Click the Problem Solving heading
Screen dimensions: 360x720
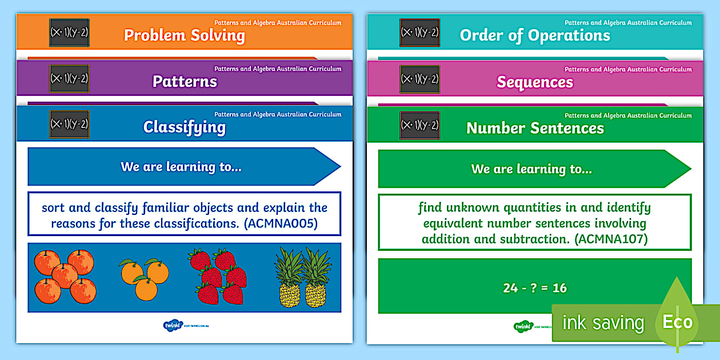click(184, 35)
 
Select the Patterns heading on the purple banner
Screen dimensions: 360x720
click(185, 81)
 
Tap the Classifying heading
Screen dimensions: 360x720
click(184, 127)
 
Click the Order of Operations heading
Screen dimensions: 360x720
click(535, 35)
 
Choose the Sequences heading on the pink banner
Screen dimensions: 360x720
click(535, 82)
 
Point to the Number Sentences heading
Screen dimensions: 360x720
click(535, 128)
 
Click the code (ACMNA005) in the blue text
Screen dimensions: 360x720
click(281, 224)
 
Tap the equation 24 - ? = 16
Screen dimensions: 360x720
click(535, 288)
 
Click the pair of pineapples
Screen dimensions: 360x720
click(303, 278)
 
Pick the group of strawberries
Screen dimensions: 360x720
click(218, 277)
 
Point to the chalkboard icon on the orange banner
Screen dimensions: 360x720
click(69, 33)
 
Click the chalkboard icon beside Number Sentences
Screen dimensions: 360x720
click(419, 125)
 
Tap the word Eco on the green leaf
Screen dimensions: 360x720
click(678, 322)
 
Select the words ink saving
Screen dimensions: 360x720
click(603, 323)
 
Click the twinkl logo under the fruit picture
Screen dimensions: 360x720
click(171, 326)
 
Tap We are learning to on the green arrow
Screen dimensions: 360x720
click(531, 169)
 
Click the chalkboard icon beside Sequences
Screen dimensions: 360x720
click(419, 79)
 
